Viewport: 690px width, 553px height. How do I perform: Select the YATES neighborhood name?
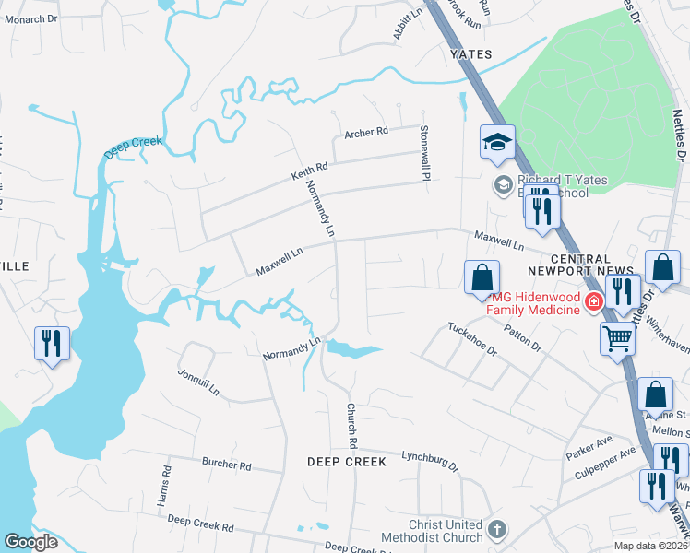coord(470,54)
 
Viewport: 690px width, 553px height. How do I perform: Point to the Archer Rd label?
coord(366,133)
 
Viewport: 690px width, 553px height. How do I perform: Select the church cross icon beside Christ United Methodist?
coord(497,530)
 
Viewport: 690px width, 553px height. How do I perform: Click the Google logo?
coord(30,542)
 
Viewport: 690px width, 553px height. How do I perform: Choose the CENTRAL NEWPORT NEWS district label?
coord(569,265)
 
